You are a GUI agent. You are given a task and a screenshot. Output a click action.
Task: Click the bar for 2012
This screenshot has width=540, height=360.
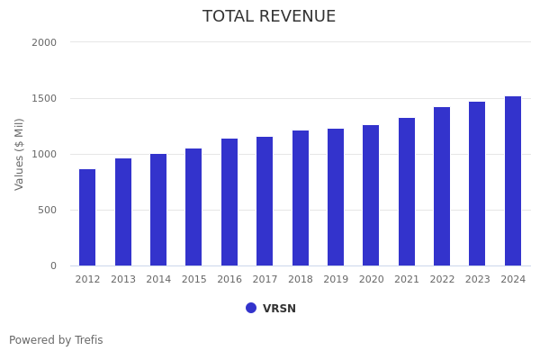tap(87, 218)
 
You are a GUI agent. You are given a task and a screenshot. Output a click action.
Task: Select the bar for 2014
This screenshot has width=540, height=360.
tap(158, 210)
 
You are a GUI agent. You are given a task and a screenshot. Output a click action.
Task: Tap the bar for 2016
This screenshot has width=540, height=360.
tap(229, 202)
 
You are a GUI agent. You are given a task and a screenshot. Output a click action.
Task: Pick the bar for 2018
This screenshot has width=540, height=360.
tap(301, 198)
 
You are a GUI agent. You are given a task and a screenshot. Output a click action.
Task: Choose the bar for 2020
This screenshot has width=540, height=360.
tap(371, 195)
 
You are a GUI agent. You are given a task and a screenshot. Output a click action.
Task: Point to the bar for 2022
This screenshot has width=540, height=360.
tap(442, 186)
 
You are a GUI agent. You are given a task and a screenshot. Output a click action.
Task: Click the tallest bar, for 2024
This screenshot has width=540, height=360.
tap(513, 181)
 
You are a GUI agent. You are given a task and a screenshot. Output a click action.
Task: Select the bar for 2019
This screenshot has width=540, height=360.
tap(336, 197)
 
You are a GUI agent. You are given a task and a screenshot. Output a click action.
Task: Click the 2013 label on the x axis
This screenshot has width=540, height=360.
tap(123, 280)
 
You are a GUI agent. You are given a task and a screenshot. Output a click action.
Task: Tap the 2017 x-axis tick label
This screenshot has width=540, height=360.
tap(265, 280)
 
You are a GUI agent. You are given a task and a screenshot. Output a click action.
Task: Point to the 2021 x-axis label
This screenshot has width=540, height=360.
tap(407, 280)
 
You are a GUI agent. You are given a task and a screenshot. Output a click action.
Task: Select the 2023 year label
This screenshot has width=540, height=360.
tap(478, 280)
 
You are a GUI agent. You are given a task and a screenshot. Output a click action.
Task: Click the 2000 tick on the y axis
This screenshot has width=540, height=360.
tap(44, 42)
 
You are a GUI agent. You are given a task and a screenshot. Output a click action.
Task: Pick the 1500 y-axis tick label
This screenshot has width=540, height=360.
tap(44, 98)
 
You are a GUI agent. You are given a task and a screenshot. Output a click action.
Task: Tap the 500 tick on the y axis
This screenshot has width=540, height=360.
tap(47, 210)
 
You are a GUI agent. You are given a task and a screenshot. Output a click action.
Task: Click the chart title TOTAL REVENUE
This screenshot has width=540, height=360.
tap(269, 17)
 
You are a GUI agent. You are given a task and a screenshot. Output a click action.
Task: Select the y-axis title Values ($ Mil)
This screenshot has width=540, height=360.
tap(20, 154)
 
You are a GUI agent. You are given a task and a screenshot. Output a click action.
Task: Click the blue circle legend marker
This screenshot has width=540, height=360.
tap(251, 308)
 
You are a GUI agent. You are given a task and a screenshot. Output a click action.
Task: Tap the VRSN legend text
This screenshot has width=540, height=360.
tap(279, 309)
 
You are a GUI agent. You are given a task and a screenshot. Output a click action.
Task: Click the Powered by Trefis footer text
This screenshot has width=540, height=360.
tap(56, 340)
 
